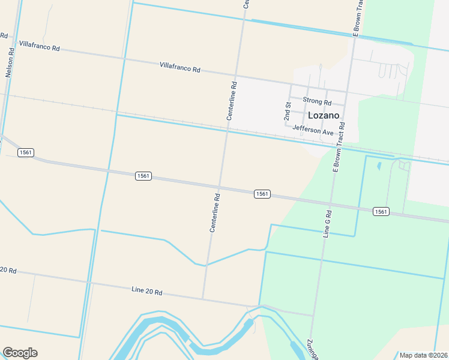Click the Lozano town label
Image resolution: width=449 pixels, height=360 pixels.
pos(324,115)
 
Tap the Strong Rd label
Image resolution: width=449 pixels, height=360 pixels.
pos(317,102)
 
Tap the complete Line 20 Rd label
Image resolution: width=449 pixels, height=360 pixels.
pos(147,291)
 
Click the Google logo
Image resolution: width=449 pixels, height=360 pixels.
pos(20,353)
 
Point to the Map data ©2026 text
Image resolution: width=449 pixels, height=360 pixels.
pos(423,355)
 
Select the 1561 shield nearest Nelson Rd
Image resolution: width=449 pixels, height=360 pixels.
pos(25,153)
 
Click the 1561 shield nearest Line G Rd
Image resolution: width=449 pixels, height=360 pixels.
pos(381,211)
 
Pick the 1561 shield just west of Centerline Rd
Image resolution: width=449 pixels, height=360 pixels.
pos(143,176)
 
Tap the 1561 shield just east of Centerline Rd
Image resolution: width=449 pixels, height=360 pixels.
pos(261,194)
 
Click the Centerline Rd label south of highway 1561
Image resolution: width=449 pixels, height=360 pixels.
pos(215,212)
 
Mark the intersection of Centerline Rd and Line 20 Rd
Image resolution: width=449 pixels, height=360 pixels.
pos(203,298)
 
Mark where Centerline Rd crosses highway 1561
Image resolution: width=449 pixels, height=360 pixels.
pos(220,187)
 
